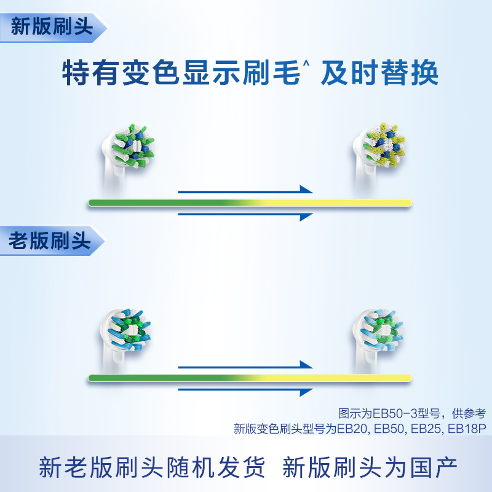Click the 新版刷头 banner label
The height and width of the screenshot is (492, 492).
[52, 26]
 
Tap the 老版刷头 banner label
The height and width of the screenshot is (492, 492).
[50, 240]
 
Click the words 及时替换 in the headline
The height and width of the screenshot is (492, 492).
[379, 73]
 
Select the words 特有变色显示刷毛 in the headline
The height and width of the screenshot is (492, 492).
[181, 73]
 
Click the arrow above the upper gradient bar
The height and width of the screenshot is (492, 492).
[245, 190]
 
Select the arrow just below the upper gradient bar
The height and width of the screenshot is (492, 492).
[245, 216]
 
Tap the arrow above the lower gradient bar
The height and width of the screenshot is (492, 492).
[245, 365]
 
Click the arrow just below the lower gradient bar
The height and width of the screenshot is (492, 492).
[245, 391]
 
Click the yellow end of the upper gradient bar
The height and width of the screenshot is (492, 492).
[408, 203]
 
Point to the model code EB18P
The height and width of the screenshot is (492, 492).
[467, 429]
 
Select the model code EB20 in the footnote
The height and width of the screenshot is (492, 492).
[351, 429]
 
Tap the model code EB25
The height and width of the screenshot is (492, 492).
[426, 429]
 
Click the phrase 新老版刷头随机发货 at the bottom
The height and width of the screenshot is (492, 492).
[152, 467]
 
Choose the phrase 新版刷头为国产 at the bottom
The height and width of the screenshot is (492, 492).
[370, 467]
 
